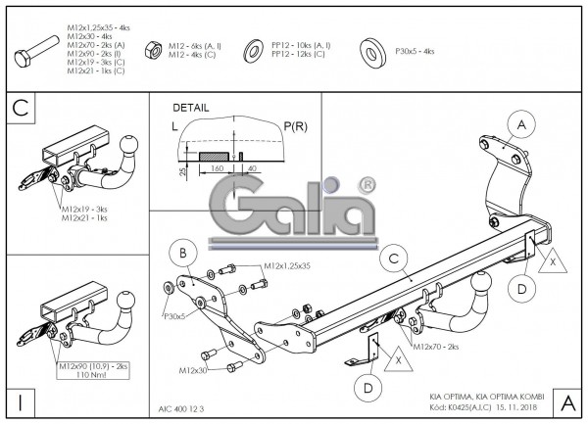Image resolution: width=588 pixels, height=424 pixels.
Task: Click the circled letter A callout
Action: [x=522, y=124]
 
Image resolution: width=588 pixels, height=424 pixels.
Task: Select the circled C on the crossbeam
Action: [x=393, y=259]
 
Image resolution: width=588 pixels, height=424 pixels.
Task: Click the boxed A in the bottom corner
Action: [x=565, y=401]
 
